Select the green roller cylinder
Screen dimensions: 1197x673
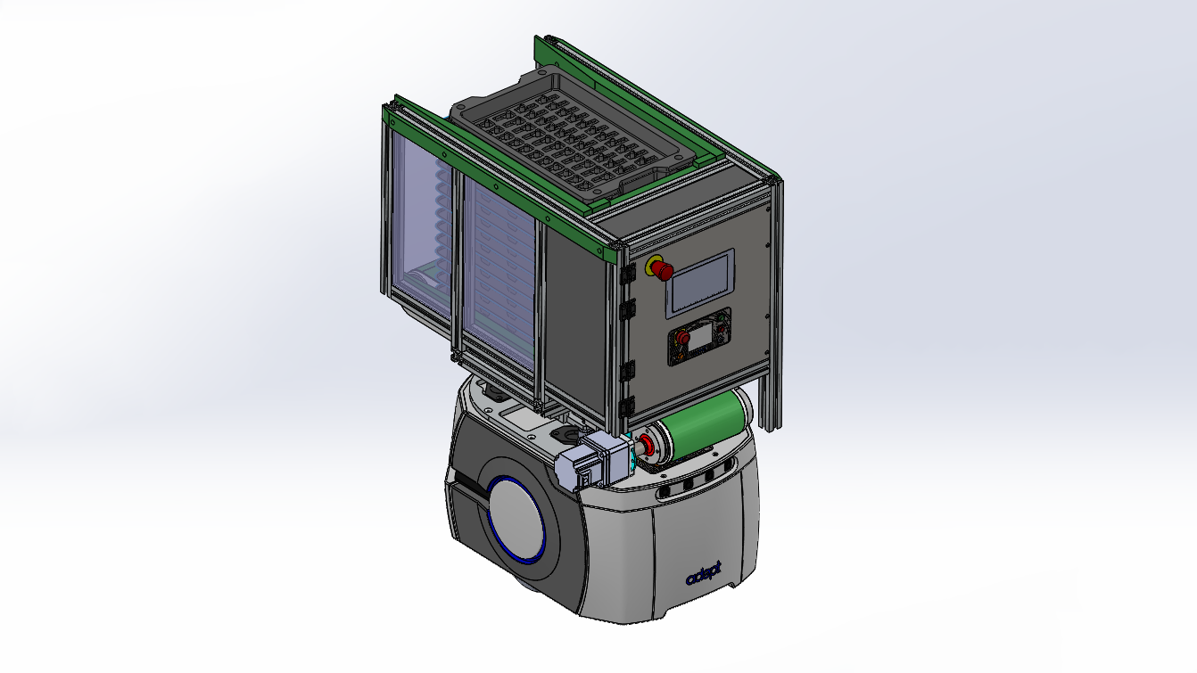point(704,421)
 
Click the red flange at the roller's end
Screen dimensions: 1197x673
point(647,445)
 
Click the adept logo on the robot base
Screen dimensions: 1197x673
point(704,575)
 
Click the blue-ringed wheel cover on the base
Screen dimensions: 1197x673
point(516,518)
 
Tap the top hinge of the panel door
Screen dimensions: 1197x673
point(626,274)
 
